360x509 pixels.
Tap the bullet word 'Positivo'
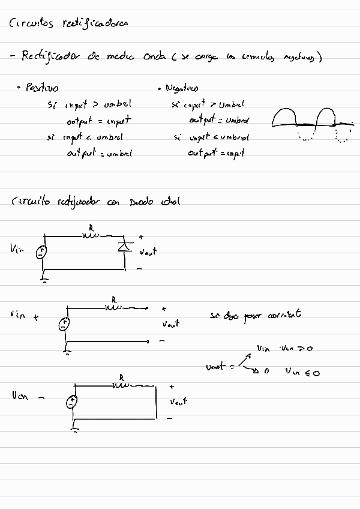41,88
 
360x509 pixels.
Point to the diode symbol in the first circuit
125,245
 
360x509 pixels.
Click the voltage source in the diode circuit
41,252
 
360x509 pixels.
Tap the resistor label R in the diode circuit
91,228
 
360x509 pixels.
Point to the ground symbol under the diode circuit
43,278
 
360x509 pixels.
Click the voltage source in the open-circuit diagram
65,325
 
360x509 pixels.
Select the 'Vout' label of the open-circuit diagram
170,324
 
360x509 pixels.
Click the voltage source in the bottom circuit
73,402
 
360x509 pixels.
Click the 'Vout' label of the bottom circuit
178,400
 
